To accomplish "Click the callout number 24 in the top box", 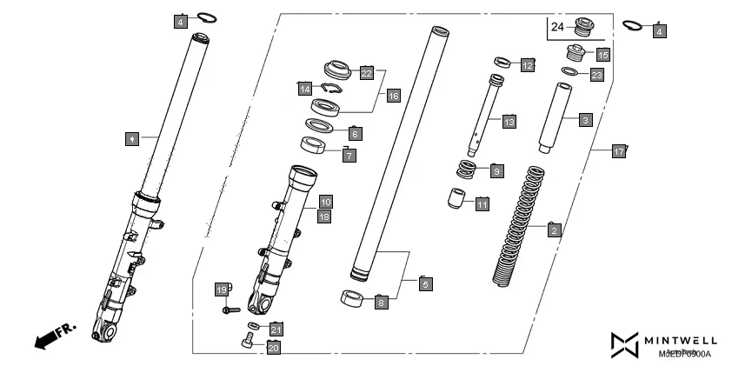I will click(556, 27).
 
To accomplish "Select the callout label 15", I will click(602, 54).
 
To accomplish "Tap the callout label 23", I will click(596, 75).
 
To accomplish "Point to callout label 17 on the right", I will click(618, 152).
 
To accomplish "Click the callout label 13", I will click(509, 122).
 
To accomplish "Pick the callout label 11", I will click(482, 203).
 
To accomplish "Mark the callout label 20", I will click(273, 348).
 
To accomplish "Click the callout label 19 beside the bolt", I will click(221, 289).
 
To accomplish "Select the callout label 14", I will click(304, 89).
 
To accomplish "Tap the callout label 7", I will click(349, 156).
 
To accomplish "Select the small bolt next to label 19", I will click(230, 309).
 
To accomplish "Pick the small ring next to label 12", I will click(502, 62).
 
